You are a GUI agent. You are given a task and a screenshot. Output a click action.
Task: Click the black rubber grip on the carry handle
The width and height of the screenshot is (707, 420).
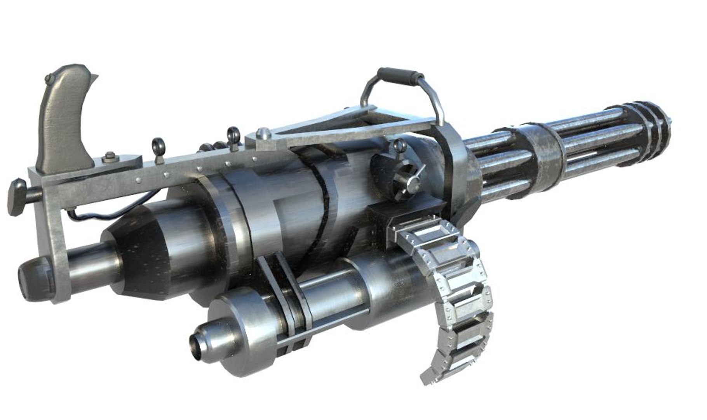click(x=401, y=74)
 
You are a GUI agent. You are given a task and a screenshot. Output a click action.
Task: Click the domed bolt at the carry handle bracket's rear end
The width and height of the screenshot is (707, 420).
click(x=264, y=133)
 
